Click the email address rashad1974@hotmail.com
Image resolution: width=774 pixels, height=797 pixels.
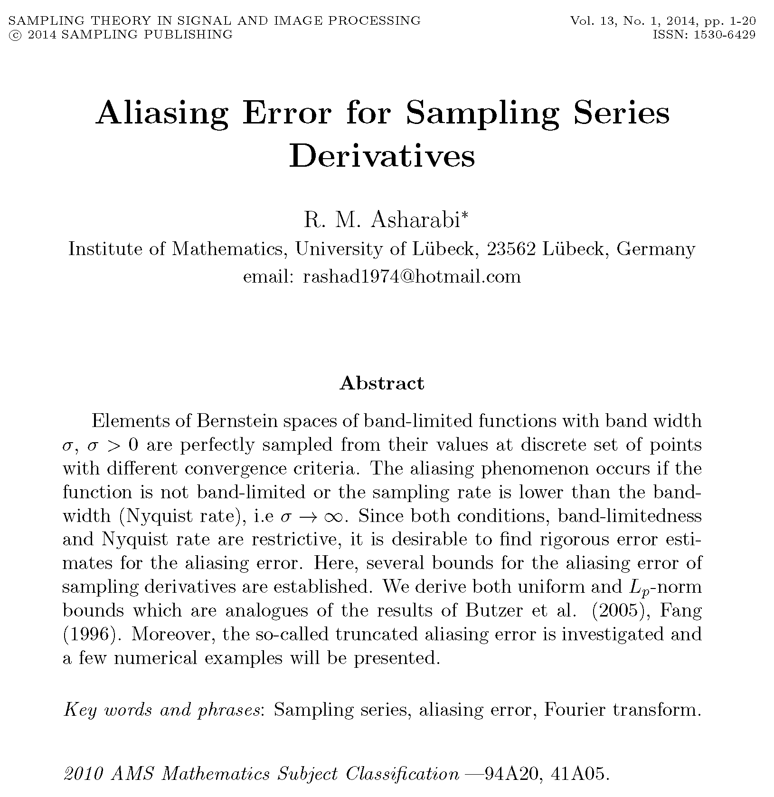click(x=412, y=276)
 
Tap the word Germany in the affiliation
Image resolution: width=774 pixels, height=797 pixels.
click(x=655, y=249)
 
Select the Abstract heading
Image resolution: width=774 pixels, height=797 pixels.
click(x=382, y=383)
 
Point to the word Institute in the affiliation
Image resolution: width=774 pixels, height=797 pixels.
click(x=104, y=249)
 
